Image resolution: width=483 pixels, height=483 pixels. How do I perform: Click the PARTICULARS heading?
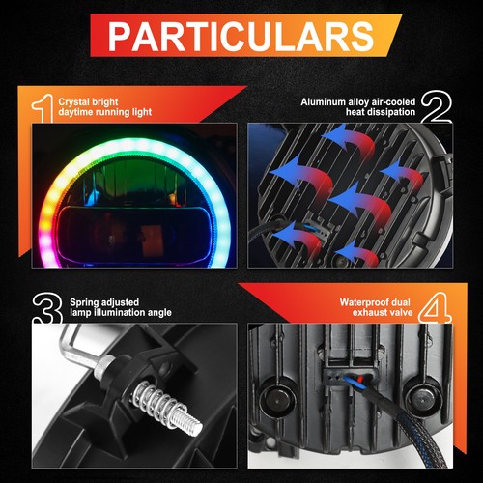coord(241,36)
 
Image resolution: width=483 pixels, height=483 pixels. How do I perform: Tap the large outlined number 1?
coord(43,108)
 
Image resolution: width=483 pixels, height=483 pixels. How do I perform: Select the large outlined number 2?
coord(437,106)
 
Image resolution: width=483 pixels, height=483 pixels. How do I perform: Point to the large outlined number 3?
coord(47,308)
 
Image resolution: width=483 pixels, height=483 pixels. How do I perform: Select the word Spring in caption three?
coord(84,302)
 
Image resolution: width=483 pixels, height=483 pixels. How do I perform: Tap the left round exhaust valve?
coord(277,400)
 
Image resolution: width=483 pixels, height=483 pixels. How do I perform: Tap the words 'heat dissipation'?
coord(381,112)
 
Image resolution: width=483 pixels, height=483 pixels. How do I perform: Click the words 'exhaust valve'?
coord(383,312)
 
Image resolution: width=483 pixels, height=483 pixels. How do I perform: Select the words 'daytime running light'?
coord(105,112)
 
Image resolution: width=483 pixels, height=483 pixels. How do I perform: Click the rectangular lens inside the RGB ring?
coord(134,234)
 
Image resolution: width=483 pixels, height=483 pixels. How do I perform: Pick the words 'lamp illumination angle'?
coord(121,313)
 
